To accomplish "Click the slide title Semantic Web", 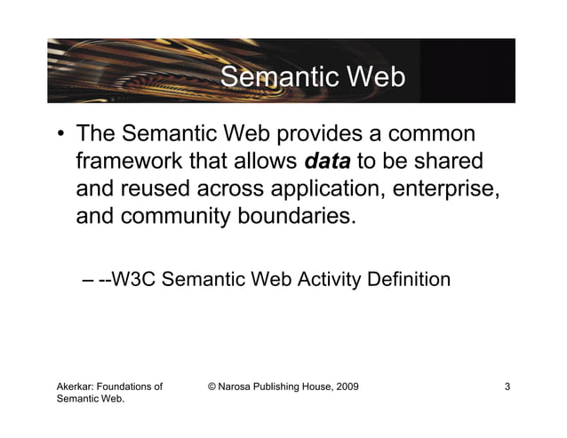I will [312, 78].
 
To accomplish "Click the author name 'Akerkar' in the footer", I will [77, 386].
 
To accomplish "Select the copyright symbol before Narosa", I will [212, 386].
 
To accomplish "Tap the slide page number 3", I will [507, 386].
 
